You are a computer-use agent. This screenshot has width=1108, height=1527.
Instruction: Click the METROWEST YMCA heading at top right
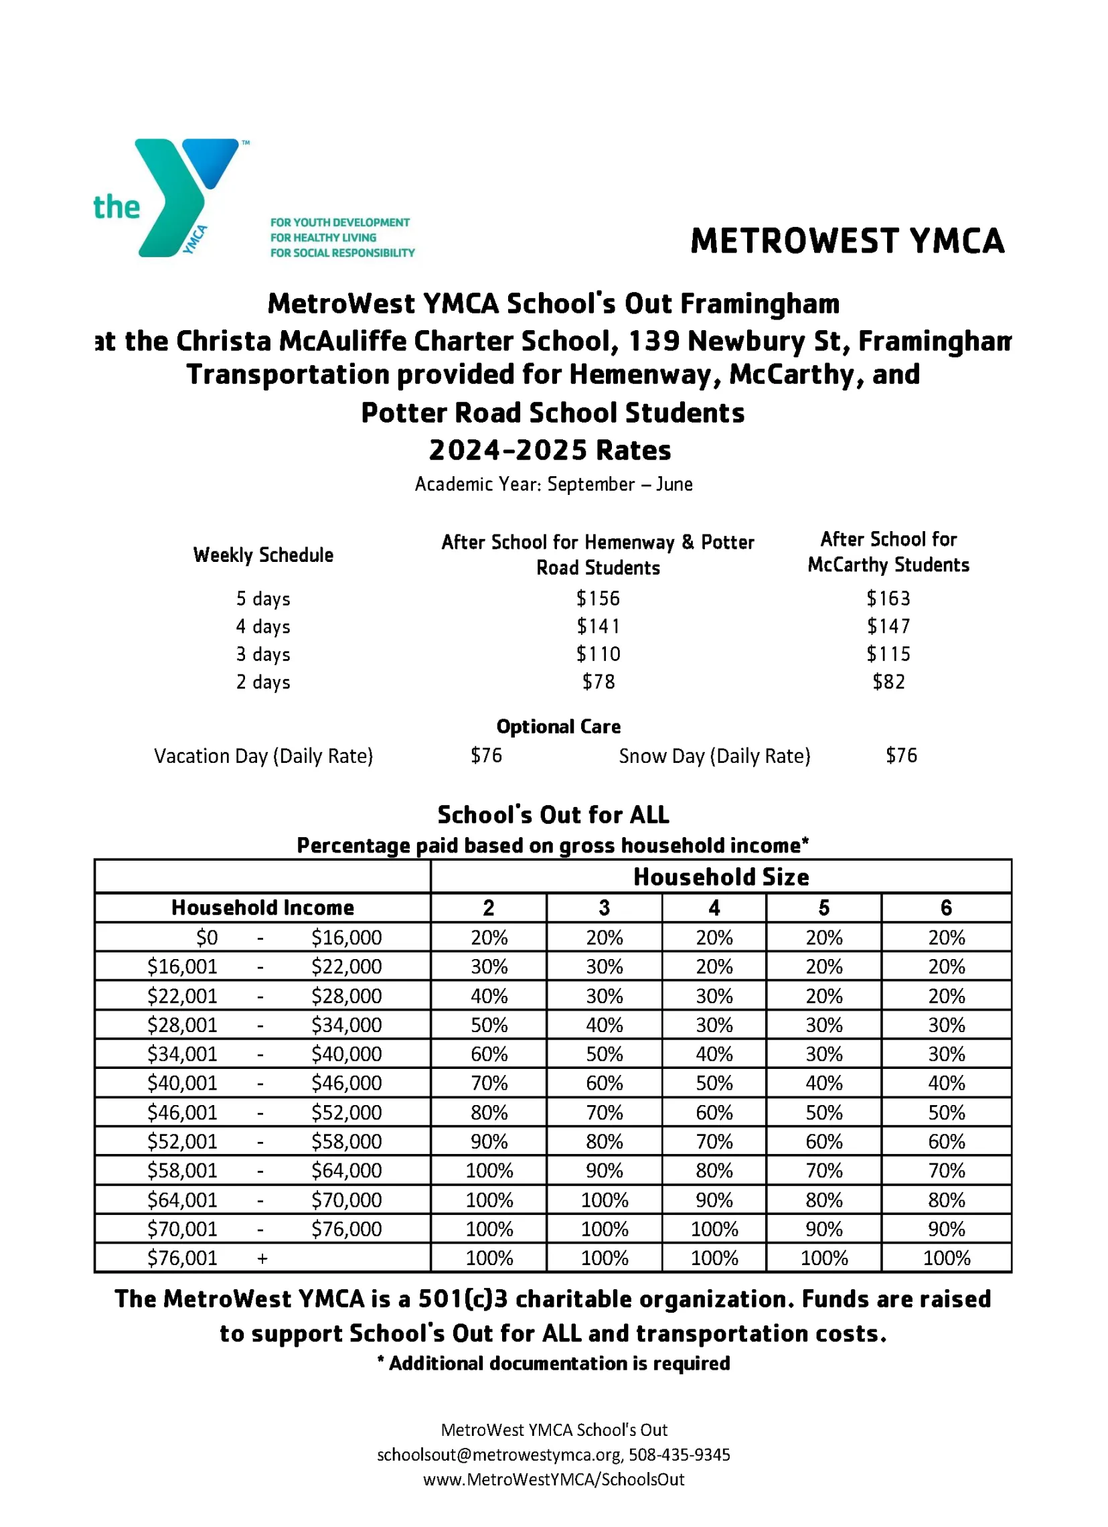847,241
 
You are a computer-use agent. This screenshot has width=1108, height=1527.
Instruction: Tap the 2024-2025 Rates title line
550,450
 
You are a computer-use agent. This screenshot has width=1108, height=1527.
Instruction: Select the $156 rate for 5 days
598,598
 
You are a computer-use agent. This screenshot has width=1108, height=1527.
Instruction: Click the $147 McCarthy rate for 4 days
888,626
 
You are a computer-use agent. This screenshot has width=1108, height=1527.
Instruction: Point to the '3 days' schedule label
262,654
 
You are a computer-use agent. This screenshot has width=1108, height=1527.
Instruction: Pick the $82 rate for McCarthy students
888,681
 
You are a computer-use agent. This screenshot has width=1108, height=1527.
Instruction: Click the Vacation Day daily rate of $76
486,755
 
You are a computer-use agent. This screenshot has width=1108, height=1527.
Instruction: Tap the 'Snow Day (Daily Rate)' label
714,756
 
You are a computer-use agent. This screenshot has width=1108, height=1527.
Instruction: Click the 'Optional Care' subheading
558,727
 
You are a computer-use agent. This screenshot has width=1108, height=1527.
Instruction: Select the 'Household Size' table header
721,877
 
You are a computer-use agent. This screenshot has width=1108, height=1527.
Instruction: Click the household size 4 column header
714,907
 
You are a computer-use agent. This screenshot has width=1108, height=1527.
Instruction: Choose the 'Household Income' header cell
262,907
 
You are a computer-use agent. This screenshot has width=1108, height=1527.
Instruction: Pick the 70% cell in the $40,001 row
489,1083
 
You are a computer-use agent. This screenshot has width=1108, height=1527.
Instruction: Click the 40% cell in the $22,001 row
489,996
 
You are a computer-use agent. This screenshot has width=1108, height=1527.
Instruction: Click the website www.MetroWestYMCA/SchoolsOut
553,1479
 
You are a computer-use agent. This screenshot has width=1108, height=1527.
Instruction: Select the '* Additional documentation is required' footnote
553,1364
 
